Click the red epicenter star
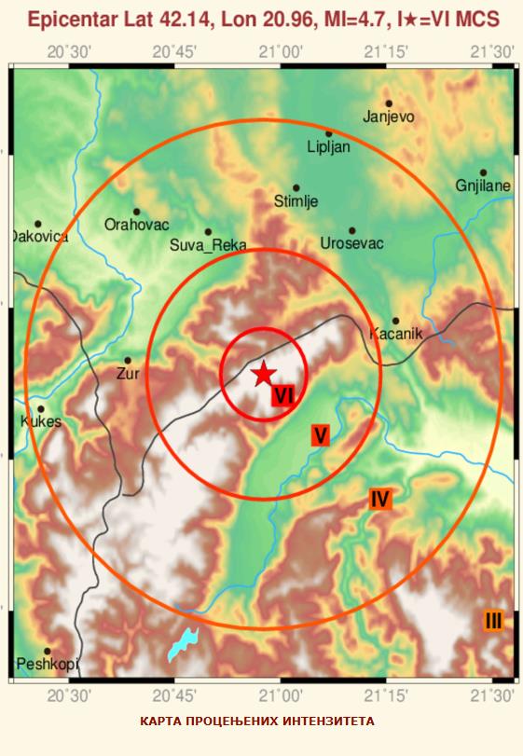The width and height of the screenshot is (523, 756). click(x=264, y=374)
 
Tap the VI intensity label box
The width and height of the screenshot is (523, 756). click(x=284, y=396)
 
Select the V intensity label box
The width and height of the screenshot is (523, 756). click(x=320, y=434)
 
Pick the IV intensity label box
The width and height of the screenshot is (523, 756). click(x=379, y=499)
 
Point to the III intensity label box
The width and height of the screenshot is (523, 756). click(x=493, y=620)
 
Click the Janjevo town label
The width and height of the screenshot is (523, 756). click(x=389, y=117)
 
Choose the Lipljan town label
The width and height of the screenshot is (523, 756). click(x=329, y=146)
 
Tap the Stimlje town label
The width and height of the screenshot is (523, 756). click(x=296, y=199)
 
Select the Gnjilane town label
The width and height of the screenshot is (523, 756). click(x=483, y=186)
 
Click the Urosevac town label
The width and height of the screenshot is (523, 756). click(x=351, y=243)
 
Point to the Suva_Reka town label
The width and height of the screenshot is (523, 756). click(x=208, y=245)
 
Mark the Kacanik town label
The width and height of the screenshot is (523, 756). click(x=396, y=333)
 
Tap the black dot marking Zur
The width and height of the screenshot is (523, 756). click(x=128, y=360)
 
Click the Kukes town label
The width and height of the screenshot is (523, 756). click(x=40, y=421)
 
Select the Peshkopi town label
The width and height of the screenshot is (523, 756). click(x=47, y=664)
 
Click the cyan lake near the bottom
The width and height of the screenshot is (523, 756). click(x=183, y=643)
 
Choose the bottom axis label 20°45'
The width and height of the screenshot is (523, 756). click(x=175, y=695)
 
